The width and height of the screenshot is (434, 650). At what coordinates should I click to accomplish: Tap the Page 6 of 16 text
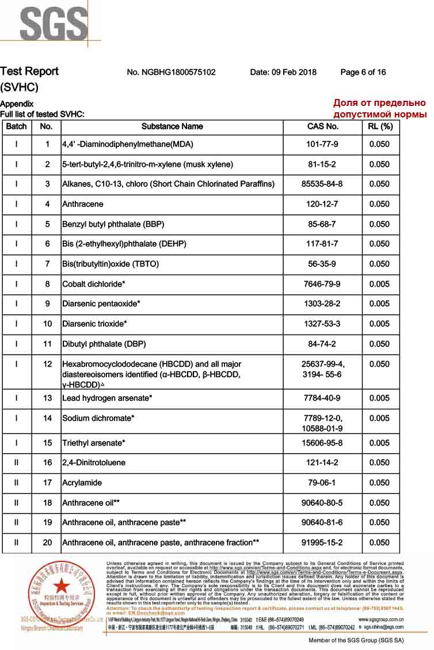coord(363,73)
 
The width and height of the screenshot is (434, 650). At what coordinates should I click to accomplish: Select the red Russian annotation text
coord(379,109)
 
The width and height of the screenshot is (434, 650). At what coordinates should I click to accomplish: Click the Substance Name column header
coord(172,127)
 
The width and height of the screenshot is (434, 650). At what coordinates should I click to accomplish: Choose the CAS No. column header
coord(322,127)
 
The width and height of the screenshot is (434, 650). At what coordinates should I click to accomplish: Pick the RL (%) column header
coord(380,127)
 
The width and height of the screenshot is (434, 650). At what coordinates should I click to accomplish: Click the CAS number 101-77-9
coord(322,145)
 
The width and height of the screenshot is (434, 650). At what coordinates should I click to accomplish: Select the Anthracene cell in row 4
coord(83,204)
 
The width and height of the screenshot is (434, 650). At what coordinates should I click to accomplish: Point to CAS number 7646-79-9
coord(322,284)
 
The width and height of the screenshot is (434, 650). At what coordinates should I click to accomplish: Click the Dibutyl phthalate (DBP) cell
coord(104,344)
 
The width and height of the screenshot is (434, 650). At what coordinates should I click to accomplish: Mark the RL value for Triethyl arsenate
coord(380,443)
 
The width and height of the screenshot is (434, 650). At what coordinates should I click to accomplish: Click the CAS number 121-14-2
coord(322,463)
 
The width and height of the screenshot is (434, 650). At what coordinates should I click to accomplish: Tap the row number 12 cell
coord(48,364)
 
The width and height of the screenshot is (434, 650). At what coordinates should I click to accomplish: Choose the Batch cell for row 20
coord(16,543)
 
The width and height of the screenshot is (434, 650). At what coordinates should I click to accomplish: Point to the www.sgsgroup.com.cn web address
coord(380,619)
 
